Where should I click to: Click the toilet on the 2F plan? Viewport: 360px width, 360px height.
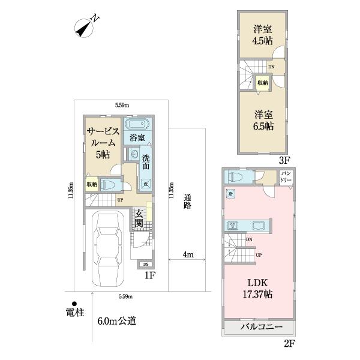pos(233,177)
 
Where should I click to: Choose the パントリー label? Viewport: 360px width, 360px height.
pos(286,176)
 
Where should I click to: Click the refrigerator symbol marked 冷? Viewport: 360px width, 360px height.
pos(230,194)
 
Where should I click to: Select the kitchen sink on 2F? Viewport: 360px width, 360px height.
pos(260,226)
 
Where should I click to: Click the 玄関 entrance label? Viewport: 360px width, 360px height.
pos(139,218)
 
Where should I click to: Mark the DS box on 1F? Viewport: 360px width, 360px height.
pos(146,264)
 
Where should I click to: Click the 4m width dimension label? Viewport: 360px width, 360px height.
pos(188,255)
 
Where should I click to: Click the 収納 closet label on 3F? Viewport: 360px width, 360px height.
pos(262,83)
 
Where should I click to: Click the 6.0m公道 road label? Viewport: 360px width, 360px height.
pos(116,321)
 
